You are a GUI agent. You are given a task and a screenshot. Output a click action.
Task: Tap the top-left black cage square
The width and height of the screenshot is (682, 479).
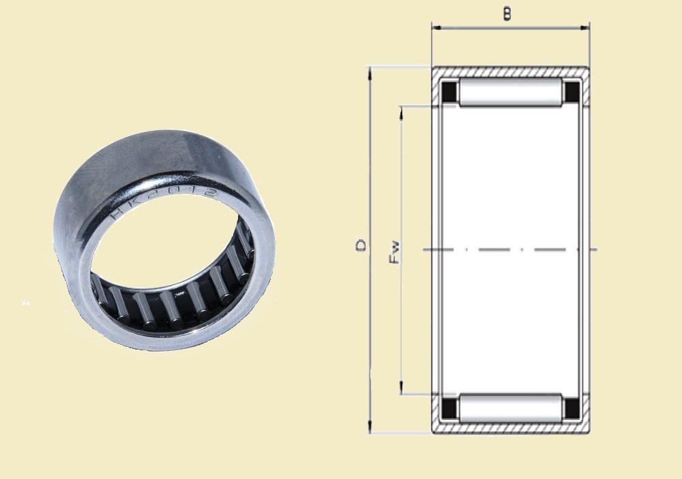(x=449, y=92)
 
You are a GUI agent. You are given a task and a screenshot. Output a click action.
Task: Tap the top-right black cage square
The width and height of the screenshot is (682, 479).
(x=572, y=92)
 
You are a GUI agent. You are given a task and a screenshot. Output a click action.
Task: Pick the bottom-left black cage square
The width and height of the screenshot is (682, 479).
(x=449, y=407)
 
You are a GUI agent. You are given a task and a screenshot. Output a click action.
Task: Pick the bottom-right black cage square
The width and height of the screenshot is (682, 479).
(x=572, y=407)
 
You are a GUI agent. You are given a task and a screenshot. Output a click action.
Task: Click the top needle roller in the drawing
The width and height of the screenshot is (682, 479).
(x=510, y=92)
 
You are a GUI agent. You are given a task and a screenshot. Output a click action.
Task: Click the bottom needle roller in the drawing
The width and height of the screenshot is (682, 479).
(x=510, y=407)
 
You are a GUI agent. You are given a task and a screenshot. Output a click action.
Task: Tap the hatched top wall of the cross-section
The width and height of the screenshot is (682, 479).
(x=510, y=72)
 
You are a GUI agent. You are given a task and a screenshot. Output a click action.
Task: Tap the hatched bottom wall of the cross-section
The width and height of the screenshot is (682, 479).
(x=510, y=429)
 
